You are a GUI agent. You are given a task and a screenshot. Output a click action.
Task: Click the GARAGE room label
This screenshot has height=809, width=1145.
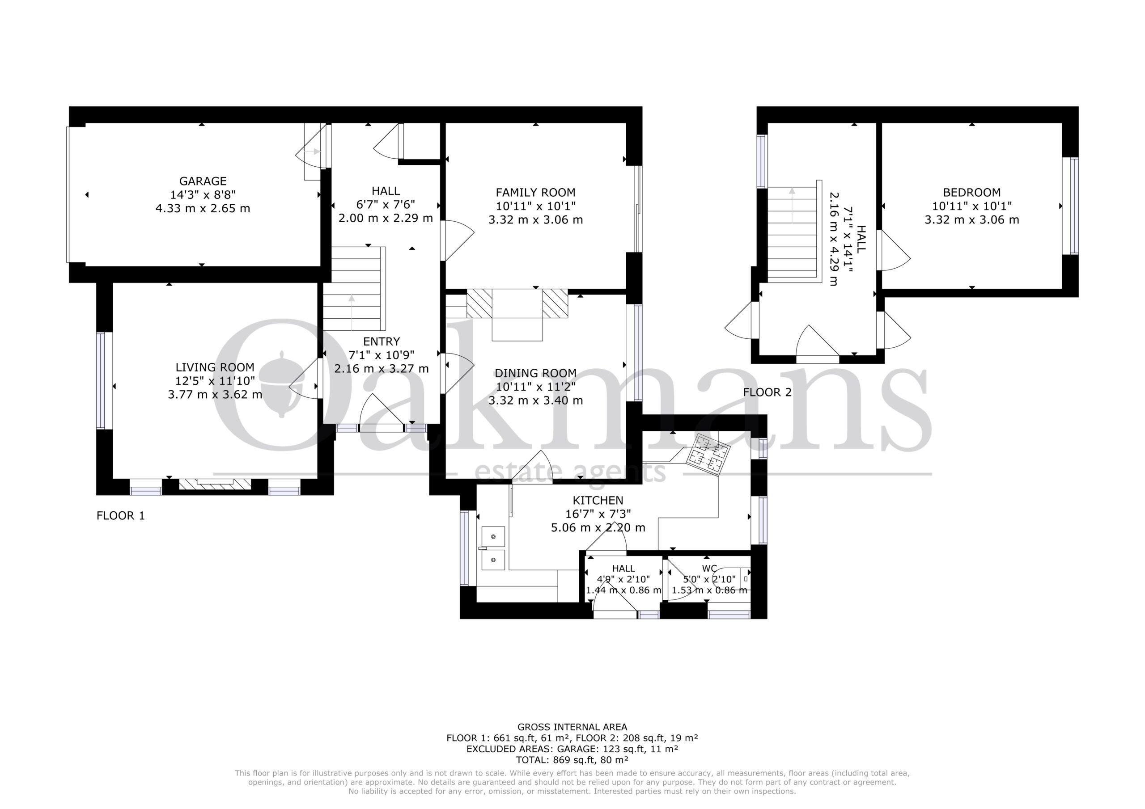(203, 181)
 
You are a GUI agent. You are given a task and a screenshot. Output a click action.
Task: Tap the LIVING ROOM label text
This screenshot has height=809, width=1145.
(215, 367)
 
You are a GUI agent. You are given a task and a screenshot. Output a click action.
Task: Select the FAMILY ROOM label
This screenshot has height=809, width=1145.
(535, 192)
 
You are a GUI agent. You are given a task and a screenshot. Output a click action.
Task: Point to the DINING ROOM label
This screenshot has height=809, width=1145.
(535, 373)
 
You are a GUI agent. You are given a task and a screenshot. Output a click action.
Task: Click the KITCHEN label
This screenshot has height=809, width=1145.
(598, 501)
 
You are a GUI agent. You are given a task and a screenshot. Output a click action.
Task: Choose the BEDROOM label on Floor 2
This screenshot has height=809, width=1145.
(971, 192)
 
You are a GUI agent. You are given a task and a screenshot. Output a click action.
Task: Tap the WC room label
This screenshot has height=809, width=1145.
(710, 568)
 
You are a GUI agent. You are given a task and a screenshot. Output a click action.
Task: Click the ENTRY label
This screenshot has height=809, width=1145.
(382, 341)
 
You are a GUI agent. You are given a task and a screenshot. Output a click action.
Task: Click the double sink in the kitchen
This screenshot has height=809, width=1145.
(493, 548)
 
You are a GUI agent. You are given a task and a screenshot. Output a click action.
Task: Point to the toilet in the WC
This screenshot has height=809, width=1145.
(733, 579)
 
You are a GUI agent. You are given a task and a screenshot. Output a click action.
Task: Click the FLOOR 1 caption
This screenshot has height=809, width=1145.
(121, 515)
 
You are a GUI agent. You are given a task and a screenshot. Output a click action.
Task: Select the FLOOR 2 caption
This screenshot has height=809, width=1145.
(768, 392)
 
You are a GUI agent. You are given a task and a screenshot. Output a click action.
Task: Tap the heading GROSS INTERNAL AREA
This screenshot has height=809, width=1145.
(572, 727)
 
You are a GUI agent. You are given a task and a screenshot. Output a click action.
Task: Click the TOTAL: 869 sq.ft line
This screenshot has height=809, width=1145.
(572, 760)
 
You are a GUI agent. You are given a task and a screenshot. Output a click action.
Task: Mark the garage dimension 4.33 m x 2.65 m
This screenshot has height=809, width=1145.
(203, 208)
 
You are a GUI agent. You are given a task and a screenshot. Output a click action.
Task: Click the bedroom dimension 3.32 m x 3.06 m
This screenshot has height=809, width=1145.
(971, 220)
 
